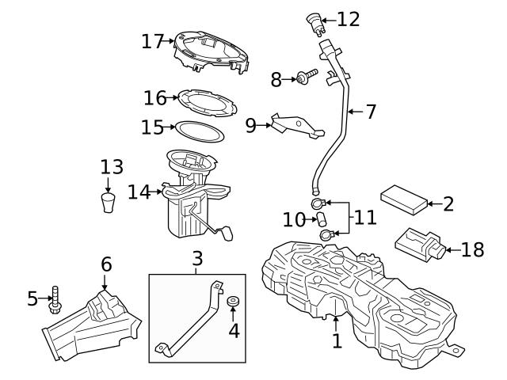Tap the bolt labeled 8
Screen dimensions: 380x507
tap(303, 78)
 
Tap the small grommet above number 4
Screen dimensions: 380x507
tap(233, 302)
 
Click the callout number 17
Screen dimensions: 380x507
tap(151, 40)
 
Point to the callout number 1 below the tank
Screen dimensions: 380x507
tap(337, 341)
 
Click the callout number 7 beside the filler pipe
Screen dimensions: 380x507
tap(370, 112)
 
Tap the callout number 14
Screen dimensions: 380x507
tap(138, 192)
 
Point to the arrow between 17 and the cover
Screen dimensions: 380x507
tap(170, 40)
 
